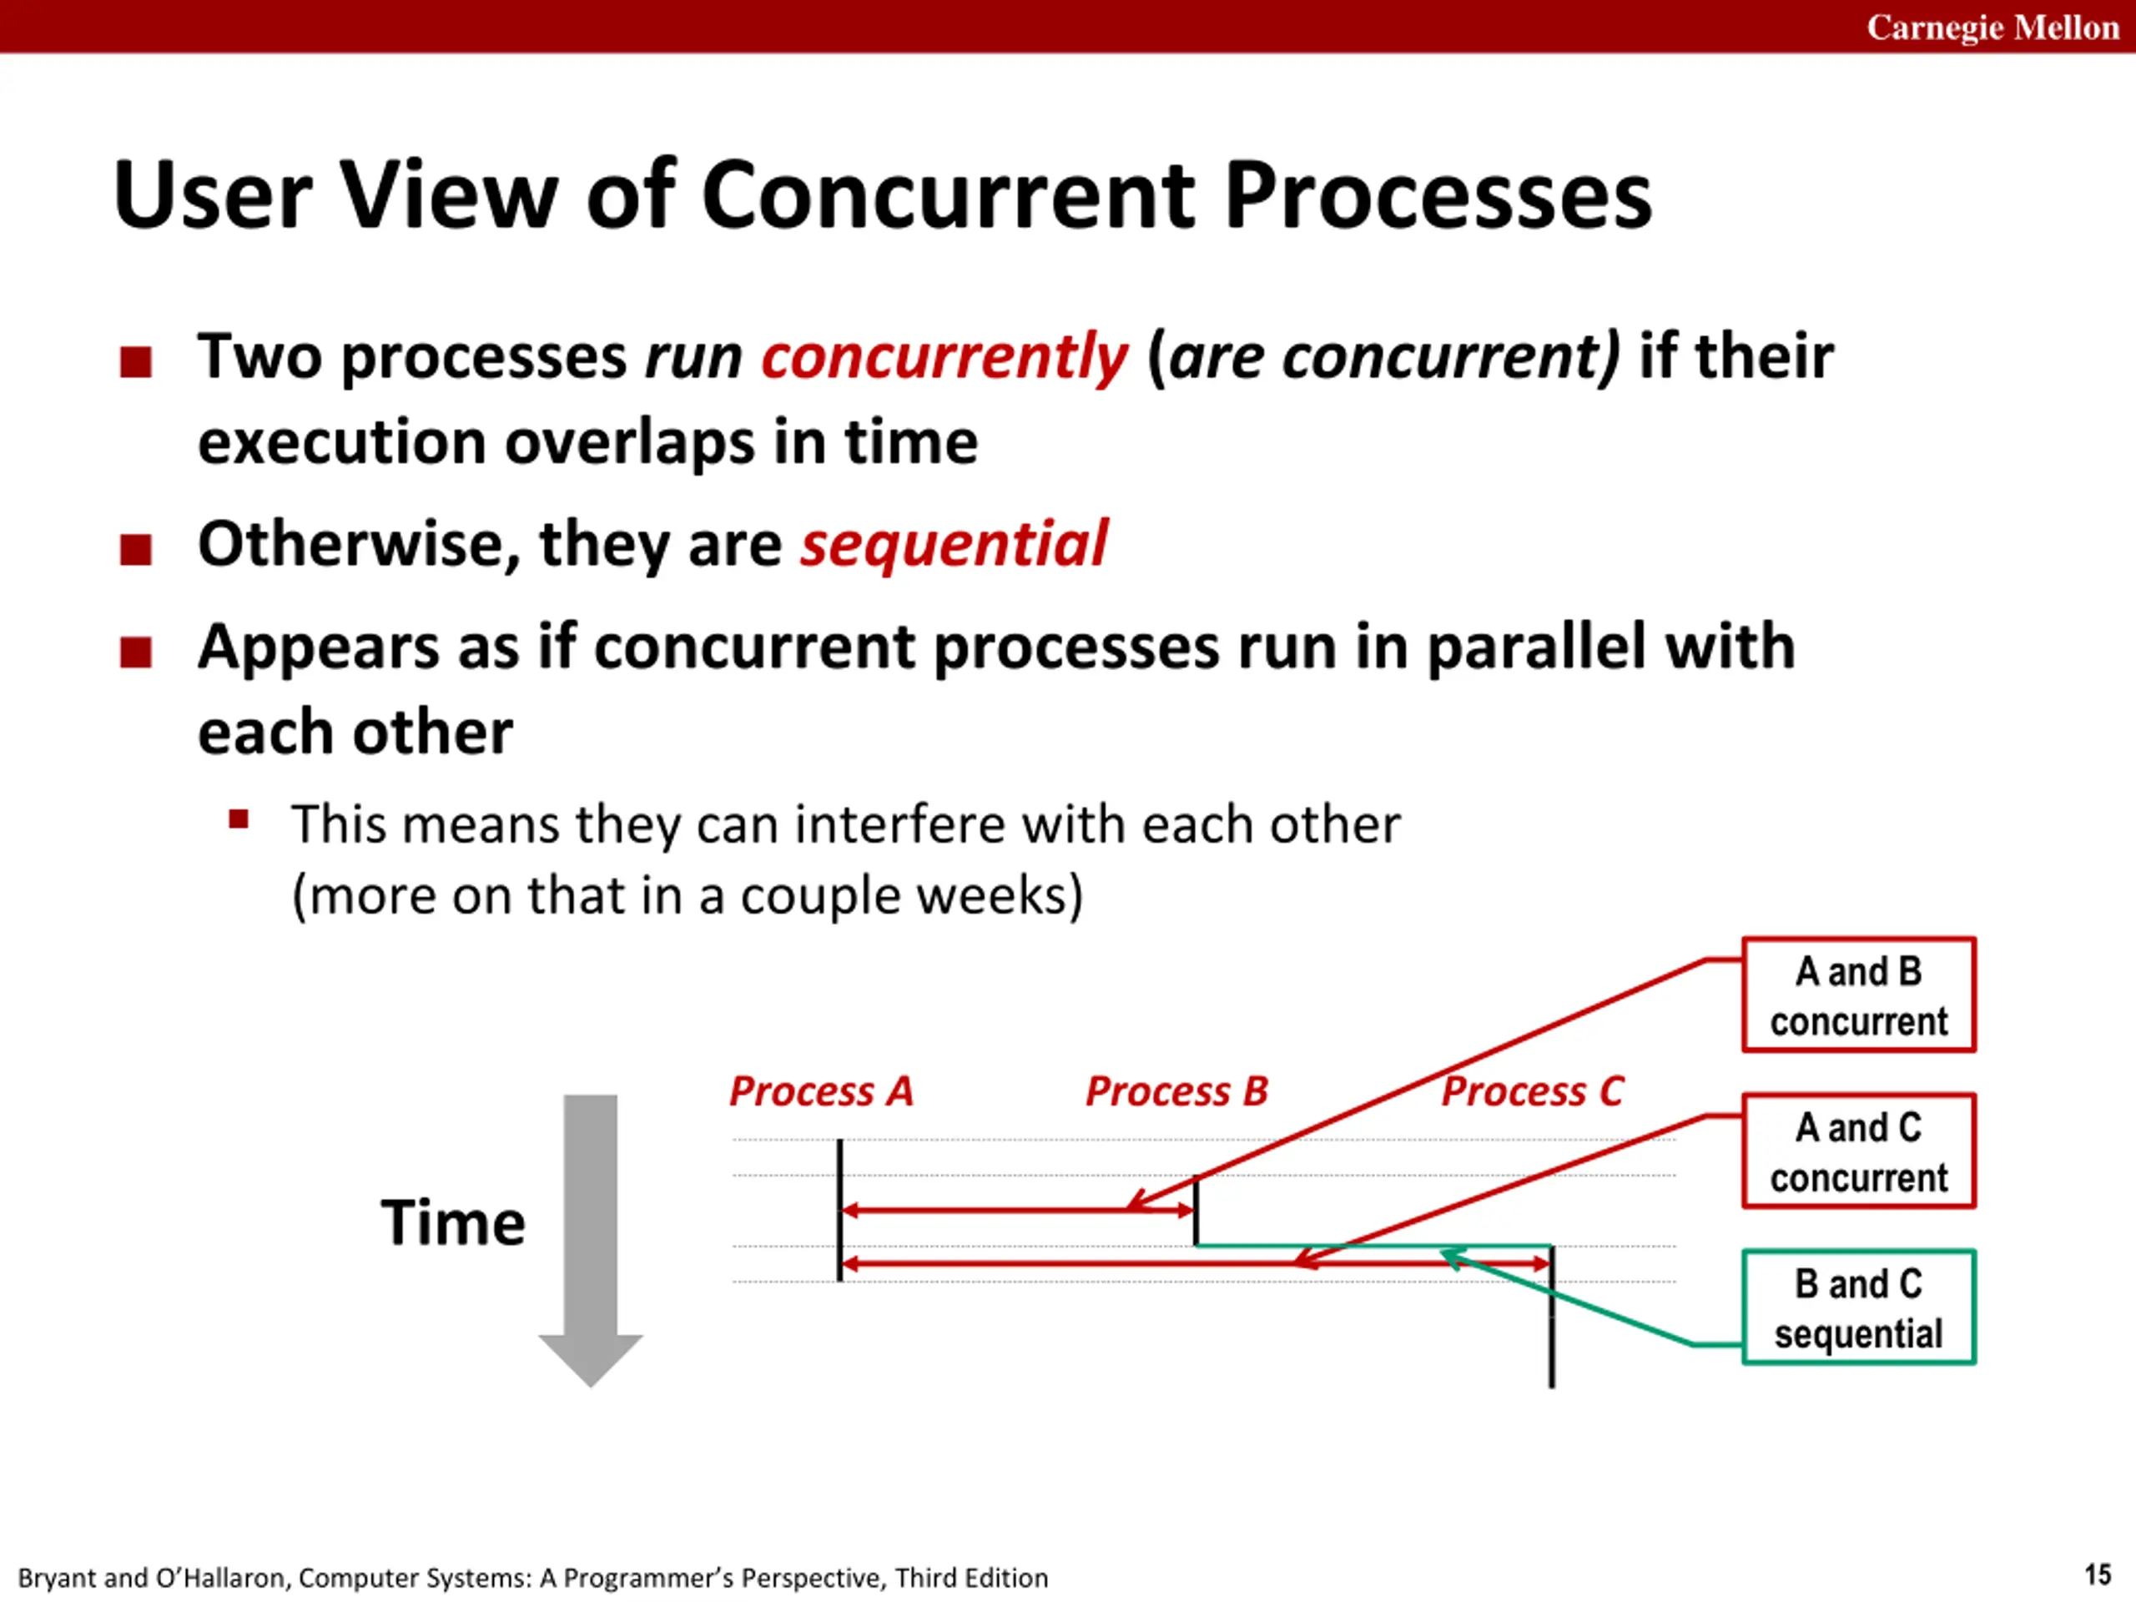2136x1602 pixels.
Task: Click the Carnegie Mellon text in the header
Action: pyautogui.click(x=1992, y=27)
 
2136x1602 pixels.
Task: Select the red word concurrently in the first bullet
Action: pyautogui.click(x=945, y=358)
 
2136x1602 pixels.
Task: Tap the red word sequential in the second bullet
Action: pyautogui.click(x=954, y=545)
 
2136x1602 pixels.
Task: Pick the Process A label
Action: pyautogui.click(x=821, y=1091)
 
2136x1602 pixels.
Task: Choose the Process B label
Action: pyautogui.click(x=1177, y=1091)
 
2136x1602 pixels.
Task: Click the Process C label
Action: pyautogui.click(x=1533, y=1091)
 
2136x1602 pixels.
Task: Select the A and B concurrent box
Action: pyautogui.click(x=1859, y=995)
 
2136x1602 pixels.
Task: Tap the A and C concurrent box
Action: pyautogui.click(x=1859, y=1151)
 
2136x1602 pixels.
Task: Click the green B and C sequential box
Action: pyautogui.click(x=1859, y=1307)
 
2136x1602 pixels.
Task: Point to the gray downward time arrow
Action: pyautogui.click(x=590, y=1240)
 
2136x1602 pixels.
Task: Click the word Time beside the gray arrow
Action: pyautogui.click(x=453, y=1222)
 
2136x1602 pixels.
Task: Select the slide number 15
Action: pyautogui.click(x=2098, y=1575)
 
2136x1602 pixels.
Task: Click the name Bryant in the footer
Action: pyautogui.click(x=57, y=1579)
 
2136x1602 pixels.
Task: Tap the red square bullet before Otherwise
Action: pyautogui.click(x=136, y=550)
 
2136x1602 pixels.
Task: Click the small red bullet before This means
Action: pyautogui.click(x=239, y=820)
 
